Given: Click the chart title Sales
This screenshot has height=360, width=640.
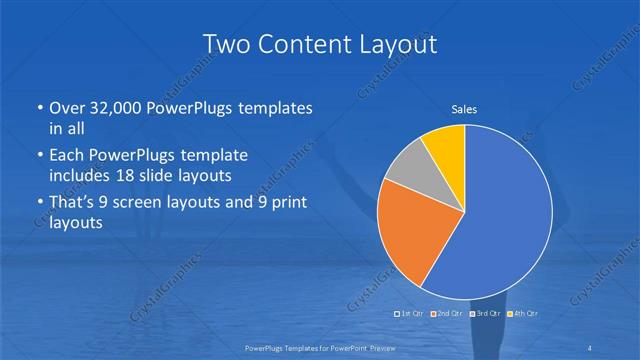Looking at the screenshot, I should (464, 108).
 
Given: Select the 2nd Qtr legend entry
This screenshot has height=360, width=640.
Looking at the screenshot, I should (447, 315).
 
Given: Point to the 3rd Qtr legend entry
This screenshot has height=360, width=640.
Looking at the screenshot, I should (484, 315).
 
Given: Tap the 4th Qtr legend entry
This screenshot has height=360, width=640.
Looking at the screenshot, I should (520, 315).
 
